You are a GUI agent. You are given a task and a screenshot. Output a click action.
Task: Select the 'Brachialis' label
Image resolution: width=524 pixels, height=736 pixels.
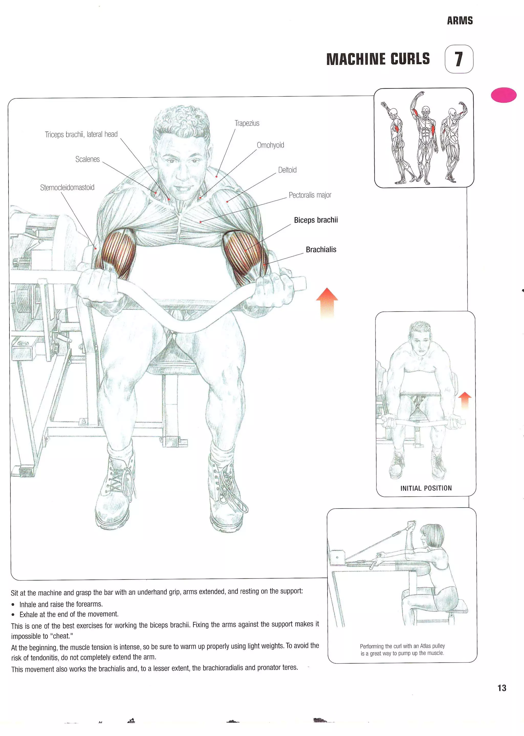321,249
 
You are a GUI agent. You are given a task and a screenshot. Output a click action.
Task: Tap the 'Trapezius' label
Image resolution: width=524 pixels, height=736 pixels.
247,123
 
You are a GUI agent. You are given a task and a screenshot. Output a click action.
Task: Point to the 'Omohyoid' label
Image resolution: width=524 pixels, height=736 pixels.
270,145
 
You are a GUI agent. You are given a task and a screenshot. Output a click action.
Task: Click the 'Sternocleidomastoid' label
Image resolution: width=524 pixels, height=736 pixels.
67,188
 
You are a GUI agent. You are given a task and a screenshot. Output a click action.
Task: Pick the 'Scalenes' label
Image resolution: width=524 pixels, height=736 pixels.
88,159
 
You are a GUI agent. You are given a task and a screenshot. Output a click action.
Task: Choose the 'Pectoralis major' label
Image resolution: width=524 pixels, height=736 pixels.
310,195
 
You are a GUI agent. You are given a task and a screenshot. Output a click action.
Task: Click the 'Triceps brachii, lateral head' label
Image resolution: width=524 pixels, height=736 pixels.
81,134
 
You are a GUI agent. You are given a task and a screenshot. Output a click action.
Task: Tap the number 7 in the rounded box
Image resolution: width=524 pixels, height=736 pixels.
458,59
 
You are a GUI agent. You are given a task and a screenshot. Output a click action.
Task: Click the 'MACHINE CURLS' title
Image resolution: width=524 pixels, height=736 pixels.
378,59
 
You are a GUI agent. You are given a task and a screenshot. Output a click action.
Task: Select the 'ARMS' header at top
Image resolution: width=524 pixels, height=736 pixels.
460,21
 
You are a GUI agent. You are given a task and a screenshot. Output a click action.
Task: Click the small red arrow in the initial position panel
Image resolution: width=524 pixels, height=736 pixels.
465,400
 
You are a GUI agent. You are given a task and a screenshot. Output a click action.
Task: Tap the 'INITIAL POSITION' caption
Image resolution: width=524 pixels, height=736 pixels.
426,488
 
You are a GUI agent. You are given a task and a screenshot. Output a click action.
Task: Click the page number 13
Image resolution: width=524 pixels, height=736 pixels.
502,688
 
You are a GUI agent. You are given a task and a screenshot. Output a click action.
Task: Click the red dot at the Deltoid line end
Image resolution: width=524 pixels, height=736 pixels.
227,202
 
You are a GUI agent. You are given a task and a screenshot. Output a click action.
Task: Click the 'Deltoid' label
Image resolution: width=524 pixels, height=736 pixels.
287,170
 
